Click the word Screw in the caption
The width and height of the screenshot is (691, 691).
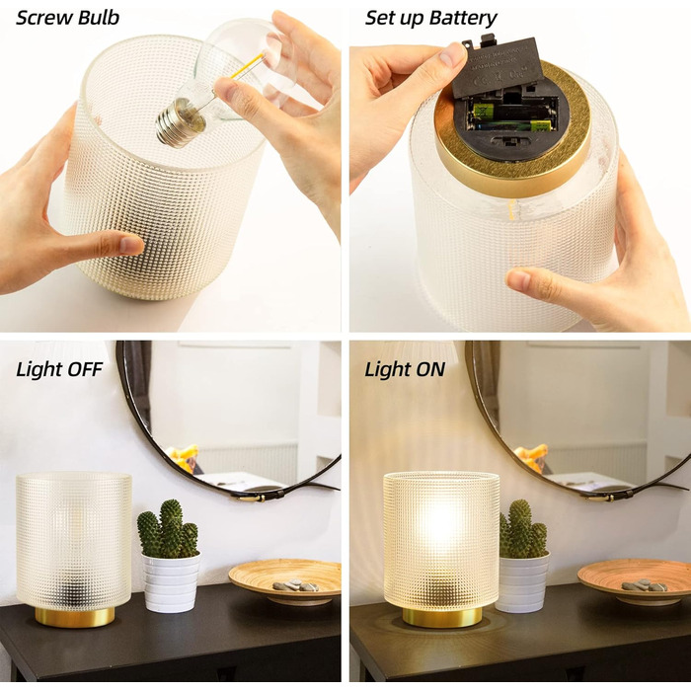point(43,18)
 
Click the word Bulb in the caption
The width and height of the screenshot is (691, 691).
point(99,18)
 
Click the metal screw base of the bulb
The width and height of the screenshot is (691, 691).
point(180,122)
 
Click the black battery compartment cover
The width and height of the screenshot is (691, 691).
point(497,67)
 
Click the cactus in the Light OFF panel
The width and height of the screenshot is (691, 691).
point(168,529)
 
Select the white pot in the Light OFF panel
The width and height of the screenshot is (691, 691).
point(171,582)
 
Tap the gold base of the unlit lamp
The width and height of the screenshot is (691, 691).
point(74,617)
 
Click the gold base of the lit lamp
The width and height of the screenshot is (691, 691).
point(442,617)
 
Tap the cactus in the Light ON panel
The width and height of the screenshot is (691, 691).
point(523,529)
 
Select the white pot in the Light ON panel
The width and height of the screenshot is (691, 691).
point(522,582)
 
